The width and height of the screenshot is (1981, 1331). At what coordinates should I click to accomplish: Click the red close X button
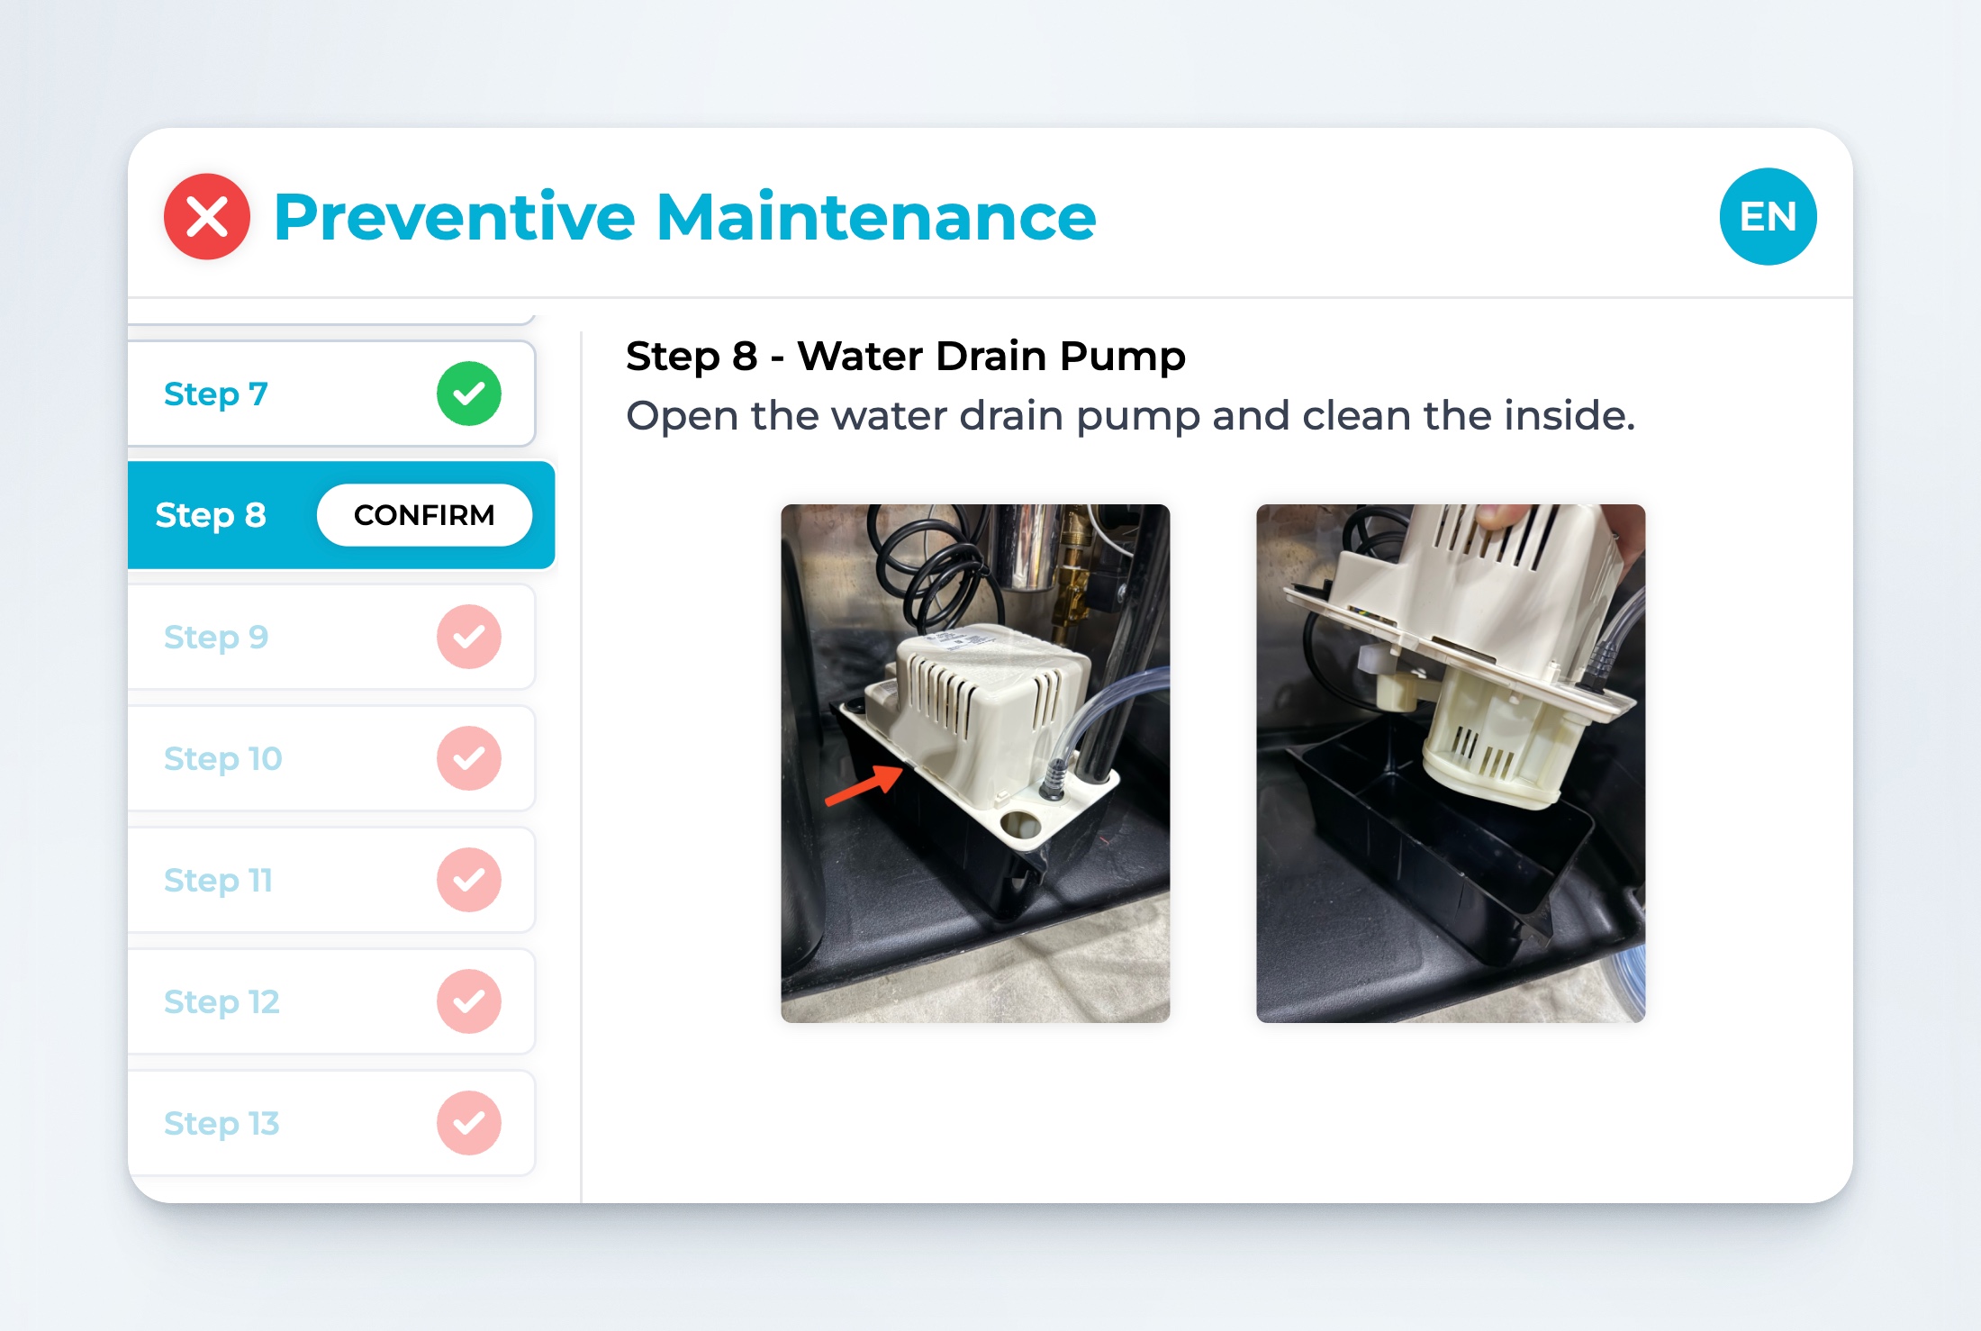tap(207, 217)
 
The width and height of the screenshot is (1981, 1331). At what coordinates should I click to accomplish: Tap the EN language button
tap(1768, 217)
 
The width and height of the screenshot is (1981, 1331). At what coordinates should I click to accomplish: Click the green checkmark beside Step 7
tap(469, 394)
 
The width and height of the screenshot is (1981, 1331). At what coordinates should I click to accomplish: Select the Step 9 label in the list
tap(216, 637)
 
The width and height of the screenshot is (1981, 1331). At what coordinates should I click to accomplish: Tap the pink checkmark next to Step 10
tap(469, 758)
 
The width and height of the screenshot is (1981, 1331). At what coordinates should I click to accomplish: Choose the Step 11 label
tap(218, 880)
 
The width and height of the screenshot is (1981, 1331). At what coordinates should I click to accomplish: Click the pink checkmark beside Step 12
tap(469, 1001)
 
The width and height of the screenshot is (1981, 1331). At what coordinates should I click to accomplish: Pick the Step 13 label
tap(222, 1123)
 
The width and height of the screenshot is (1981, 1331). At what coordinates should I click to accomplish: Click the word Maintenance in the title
tap(876, 217)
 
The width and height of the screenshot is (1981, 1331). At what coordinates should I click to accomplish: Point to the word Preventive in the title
tap(455, 217)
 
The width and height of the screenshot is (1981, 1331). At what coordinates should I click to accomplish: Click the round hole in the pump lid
tap(1019, 822)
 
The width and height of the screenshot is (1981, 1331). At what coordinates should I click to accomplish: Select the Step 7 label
tap(216, 394)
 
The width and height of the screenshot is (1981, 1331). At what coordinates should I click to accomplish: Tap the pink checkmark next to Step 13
tap(469, 1123)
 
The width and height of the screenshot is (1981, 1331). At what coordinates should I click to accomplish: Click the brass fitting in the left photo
tap(1070, 576)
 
